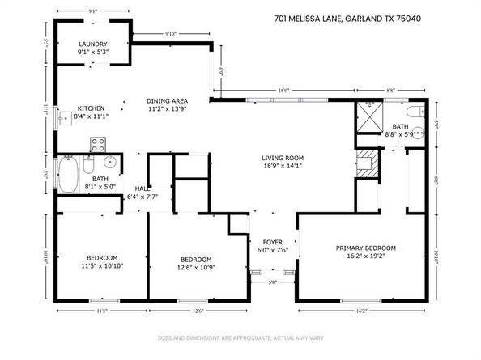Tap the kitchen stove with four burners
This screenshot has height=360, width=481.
tap(99, 145)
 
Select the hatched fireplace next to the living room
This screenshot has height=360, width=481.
tap(367, 162)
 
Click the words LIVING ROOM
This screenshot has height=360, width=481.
tap(282, 158)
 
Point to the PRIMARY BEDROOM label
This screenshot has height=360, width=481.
tap(367, 248)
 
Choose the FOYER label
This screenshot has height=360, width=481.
tap(270, 242)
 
